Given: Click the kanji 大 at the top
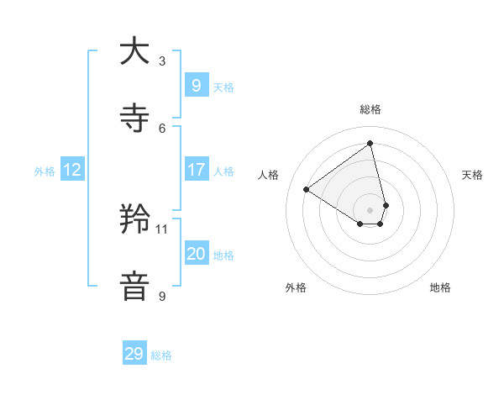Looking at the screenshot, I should tap(134, 51).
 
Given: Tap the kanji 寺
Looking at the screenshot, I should tap(134, 118).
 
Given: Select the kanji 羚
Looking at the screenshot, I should tap(134, 219).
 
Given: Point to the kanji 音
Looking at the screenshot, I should tap(134, 287).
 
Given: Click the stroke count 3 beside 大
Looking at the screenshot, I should tap(162, 61).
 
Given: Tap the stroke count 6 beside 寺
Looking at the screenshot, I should tap(162, 128).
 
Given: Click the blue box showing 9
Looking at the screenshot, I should tap(196, 85).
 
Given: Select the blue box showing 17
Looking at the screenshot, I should tap(196, 169).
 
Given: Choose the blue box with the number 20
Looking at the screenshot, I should tap(196, 253).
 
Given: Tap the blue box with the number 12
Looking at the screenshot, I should tap(71, 170).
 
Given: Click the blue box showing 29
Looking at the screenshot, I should tap(134, 354).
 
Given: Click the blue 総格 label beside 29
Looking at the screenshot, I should tap(161, 355).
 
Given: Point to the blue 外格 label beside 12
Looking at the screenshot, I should tap(45, 171).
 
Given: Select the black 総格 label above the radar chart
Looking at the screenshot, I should tap(370, 109).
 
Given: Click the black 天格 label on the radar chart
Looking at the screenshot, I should tap(472, 175).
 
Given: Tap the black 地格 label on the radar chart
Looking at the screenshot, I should tap(440, 287).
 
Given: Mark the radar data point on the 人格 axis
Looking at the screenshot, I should tap(307, 190).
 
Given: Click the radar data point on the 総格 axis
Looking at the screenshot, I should tap(370, 143).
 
